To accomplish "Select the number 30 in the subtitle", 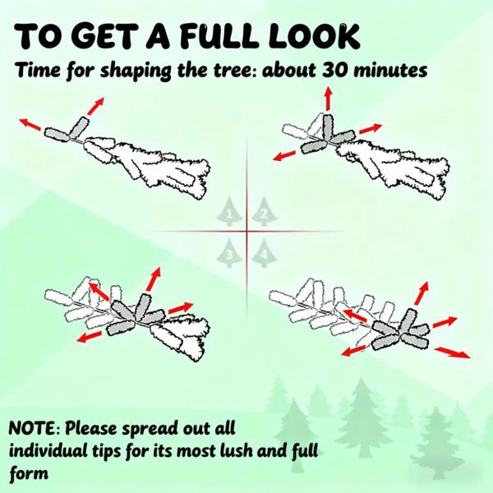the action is [334, 70].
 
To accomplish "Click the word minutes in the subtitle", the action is [390, 70].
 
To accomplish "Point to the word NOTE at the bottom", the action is [32, 428].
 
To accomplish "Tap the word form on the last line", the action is [29, 473].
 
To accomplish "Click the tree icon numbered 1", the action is [229, 211].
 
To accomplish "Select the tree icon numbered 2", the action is [264, 211].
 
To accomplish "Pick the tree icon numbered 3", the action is [229, 252].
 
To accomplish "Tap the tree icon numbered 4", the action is [264, 252].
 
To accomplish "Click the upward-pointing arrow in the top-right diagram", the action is [329, 99].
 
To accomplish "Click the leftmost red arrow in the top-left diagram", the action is [30, 125].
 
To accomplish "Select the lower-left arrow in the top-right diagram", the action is [284, 155].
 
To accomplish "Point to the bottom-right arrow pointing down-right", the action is [453, 352].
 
